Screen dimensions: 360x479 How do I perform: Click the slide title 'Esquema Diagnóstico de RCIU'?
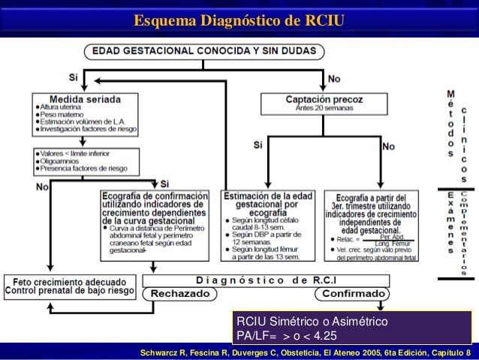pos(239,19)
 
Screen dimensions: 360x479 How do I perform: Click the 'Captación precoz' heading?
pos(324,98)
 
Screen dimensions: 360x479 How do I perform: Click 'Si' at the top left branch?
pos(73,77)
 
